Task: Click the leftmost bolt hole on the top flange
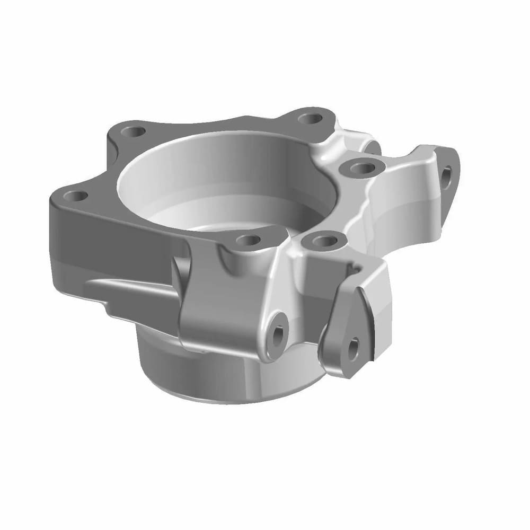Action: (x=78, y=196)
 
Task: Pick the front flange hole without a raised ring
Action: (x=248, y=240)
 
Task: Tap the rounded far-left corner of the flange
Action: (x=53, y=199)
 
